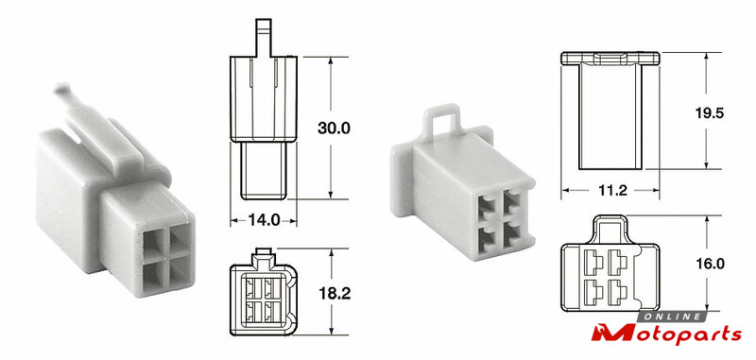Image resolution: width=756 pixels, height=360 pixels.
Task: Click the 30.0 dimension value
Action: [334, 128]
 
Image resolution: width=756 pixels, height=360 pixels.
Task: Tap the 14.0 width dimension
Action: [264, 220]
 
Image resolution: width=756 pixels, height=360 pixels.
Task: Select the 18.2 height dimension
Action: [335, 293]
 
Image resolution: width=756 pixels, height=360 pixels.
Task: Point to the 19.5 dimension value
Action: [710, 112]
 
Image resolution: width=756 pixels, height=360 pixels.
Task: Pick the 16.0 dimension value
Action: [711, 263]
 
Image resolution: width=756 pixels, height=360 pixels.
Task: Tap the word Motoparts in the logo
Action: [667, 334]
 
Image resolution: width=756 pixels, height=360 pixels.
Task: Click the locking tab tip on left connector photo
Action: [61, 88]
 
